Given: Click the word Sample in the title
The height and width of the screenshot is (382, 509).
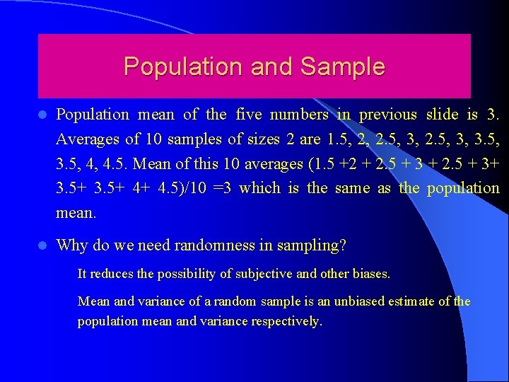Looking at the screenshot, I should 343,66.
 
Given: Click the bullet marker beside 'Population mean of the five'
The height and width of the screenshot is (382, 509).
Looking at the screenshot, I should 42,115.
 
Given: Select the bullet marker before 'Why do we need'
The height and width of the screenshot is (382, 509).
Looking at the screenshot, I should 42,245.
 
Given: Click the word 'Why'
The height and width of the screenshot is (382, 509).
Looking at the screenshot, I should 71,245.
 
